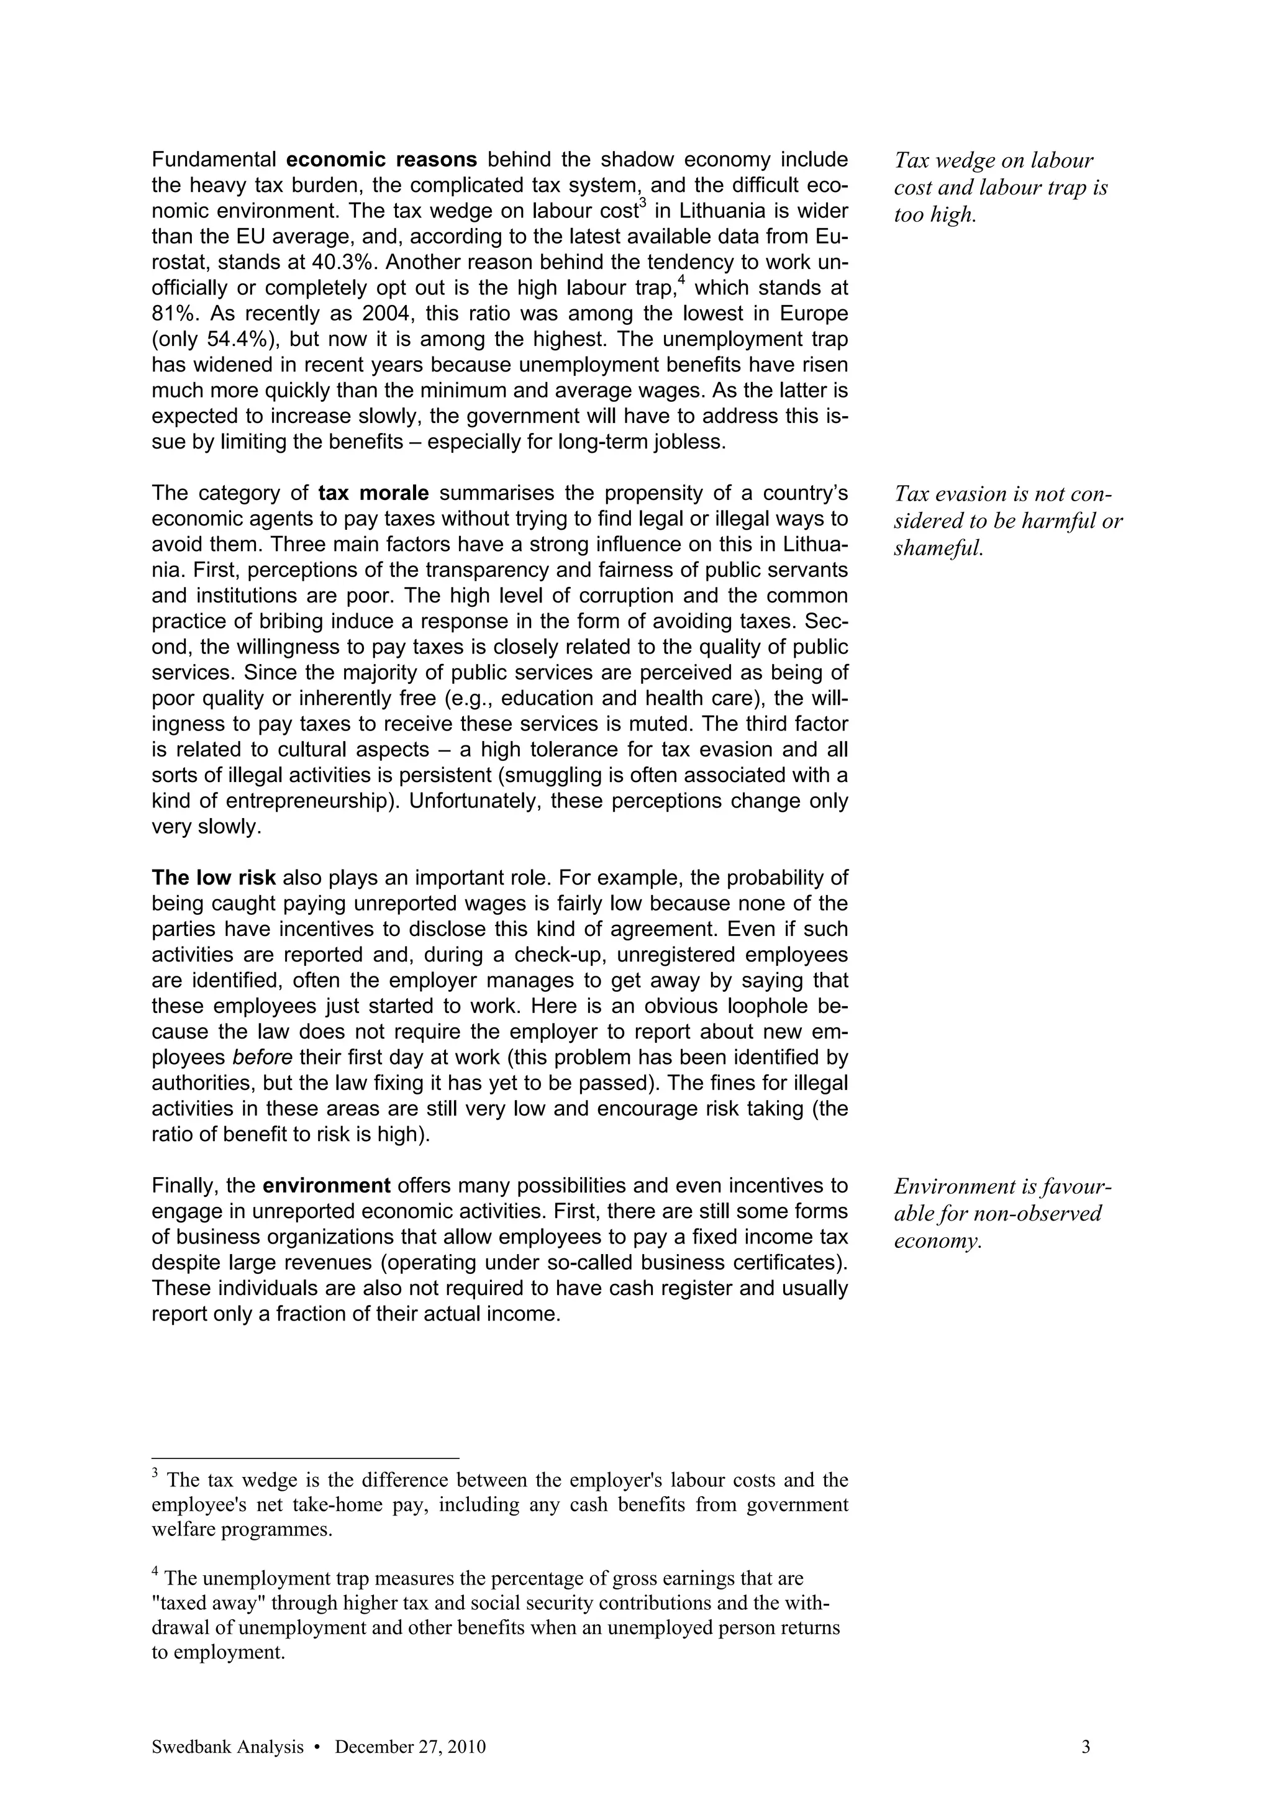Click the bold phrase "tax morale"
373,493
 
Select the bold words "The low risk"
213,877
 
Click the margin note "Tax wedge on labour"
993,161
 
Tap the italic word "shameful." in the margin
937,548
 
